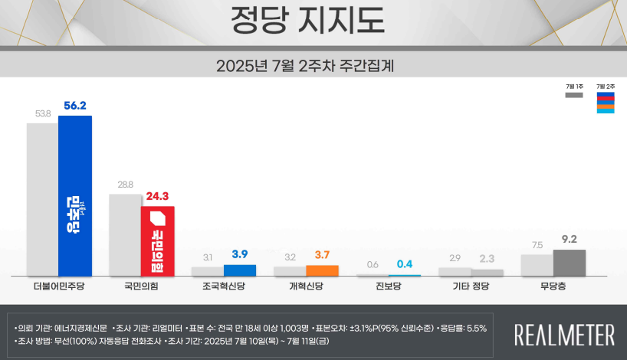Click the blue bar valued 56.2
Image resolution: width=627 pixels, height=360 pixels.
pyautogui.click(x=75, y=195)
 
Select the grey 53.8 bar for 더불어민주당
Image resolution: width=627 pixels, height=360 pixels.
pyautogui.click(x=42, y=199)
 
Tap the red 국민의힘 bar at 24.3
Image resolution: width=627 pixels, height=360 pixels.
pyautogui.click(x=158, y=241)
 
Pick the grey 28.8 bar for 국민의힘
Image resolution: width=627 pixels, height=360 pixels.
pyautogui.click(x=125, y=234)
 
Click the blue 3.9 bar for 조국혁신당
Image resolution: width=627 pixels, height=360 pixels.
pyautogui.click(x=240, y=270)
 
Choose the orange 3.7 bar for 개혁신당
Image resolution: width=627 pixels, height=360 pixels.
pyautogui.click(x=322, y=270)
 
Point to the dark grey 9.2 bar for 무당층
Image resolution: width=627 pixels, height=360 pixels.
pyautogui.click(x=570, y=263)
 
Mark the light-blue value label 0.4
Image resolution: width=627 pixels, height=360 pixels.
pyautogui.click(x=404, y=264)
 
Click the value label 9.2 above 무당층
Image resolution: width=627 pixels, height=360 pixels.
pyautogui.click(x=570, y=239)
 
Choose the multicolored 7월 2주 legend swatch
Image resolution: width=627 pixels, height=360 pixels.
pyautogui.click(x=606, y=102)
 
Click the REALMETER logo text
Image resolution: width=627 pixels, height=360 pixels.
pyautogui.click(x=564, y=335)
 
